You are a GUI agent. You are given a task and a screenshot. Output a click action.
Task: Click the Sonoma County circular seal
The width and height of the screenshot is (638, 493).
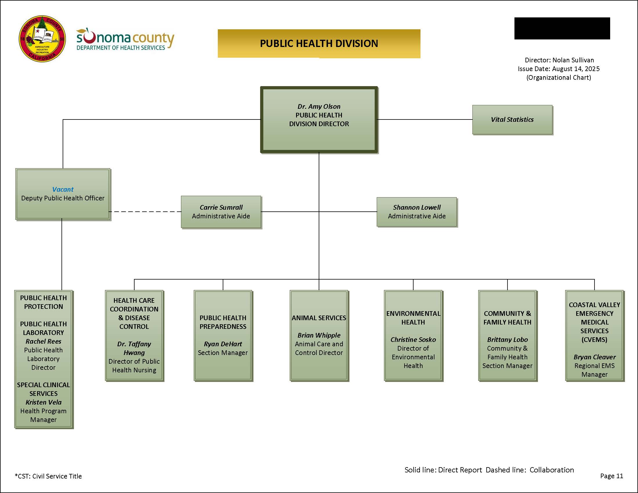pos(42,39)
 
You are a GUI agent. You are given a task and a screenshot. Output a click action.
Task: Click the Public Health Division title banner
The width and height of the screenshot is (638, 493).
pos(319,43)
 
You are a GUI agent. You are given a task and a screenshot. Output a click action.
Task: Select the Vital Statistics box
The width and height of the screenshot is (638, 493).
pos(512,119)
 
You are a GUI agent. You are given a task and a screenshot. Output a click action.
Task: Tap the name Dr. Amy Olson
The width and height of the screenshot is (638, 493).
pos(319,107)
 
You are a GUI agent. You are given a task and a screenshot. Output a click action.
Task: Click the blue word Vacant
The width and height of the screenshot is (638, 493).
pos(63,190)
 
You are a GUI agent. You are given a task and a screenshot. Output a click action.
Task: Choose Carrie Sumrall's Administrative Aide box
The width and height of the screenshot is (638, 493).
pos(221,212)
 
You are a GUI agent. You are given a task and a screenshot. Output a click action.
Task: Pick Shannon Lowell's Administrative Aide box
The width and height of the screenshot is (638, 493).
pos(416,212)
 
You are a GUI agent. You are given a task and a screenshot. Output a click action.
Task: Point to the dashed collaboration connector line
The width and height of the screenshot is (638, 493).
pos(145,212)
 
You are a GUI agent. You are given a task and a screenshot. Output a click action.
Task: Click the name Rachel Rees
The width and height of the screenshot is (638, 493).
pos(43,341)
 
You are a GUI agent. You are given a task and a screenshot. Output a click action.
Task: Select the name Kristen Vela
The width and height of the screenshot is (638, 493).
pos(43,403)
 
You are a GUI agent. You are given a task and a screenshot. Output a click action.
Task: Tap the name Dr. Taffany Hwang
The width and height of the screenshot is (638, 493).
pos(134,348)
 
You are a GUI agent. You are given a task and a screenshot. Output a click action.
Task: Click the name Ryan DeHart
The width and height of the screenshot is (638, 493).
pos(223,344)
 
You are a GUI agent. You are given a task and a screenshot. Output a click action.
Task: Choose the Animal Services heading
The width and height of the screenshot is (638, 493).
pos(319,318)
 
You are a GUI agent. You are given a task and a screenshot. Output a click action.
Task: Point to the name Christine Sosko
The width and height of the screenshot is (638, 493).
pos(413,340)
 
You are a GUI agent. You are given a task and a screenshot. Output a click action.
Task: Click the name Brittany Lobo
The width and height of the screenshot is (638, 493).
pos(507,340)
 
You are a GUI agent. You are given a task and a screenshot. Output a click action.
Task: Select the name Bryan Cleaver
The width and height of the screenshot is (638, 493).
pos(594,357)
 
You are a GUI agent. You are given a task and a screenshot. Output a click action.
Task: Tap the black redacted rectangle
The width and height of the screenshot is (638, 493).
pos(562,28)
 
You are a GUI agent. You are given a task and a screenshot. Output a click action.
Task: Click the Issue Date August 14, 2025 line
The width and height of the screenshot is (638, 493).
pos(559,69)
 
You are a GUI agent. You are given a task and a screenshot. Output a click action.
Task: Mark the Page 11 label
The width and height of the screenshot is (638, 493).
pos(611,476)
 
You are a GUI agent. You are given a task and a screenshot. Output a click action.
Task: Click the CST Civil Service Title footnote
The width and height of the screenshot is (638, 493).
pos(48,476)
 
